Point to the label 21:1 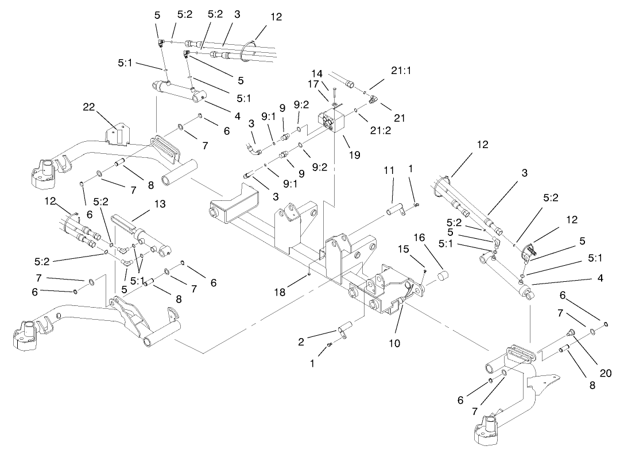click(385, 71)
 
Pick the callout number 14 click(317, 73)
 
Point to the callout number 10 click(394, 343)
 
